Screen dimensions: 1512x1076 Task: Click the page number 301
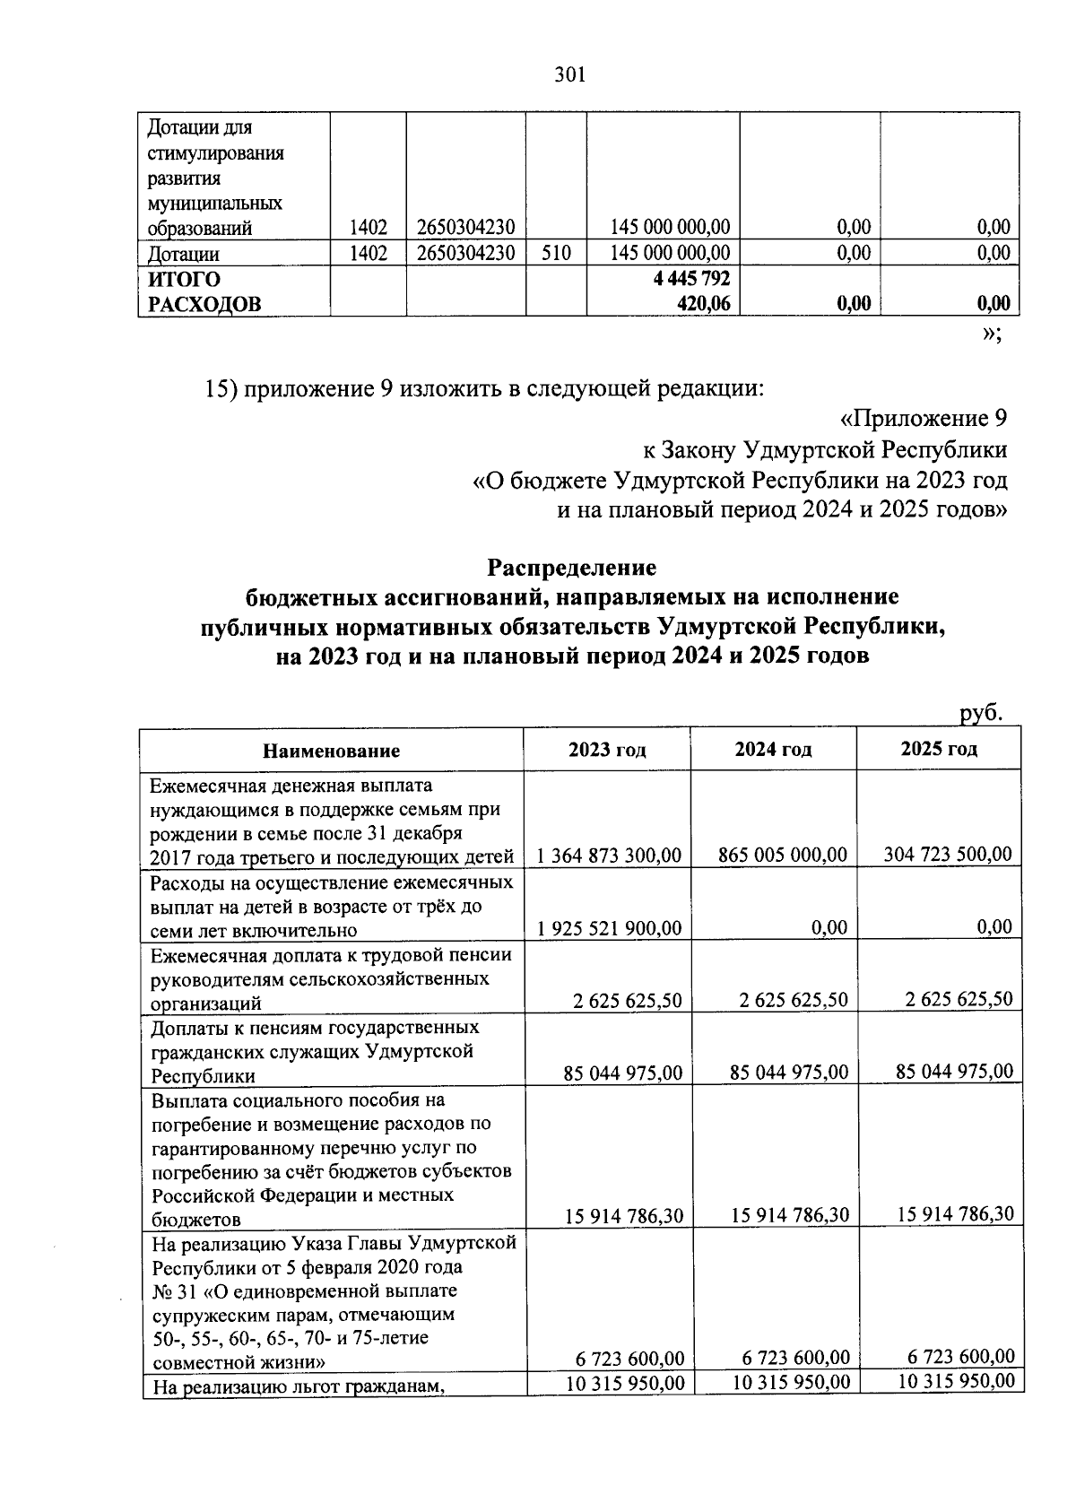[x=570, y=75]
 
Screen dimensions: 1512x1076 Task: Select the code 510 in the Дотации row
[x=556, y=253]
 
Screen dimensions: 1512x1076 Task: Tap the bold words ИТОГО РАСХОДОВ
[x=204, y=292]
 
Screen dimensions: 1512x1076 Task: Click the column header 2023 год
[x=607, y=750]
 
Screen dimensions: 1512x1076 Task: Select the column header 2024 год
[x=773, y=750]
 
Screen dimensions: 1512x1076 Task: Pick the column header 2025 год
[x=939, y=749]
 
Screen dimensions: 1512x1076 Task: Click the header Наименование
[x=331, y=751]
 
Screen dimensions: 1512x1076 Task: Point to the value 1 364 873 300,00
[x=609, y=856]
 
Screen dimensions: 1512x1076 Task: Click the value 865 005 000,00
[x=783, y=855]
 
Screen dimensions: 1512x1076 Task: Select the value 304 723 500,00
[x=948, y=854]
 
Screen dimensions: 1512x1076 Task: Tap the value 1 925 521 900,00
[x=609, y=927]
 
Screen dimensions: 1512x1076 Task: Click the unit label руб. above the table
[x=979, y=713]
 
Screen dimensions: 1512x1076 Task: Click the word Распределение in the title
[x=571, y=568]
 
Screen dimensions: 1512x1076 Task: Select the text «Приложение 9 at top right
[x=923, y=418]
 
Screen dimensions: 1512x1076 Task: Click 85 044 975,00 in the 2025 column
[x=954, y=1071]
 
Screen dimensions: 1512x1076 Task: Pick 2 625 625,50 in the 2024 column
[x=794, y=1000]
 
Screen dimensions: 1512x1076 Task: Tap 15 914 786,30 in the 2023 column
[x=624, y=1216]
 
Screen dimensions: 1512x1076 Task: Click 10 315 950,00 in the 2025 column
[x=957, y=1381]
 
